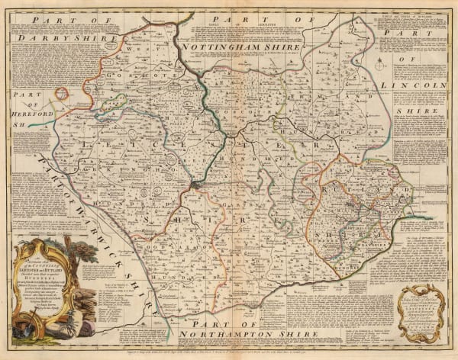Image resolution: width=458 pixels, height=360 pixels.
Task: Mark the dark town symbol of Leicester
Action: click(x=196, y=184)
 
